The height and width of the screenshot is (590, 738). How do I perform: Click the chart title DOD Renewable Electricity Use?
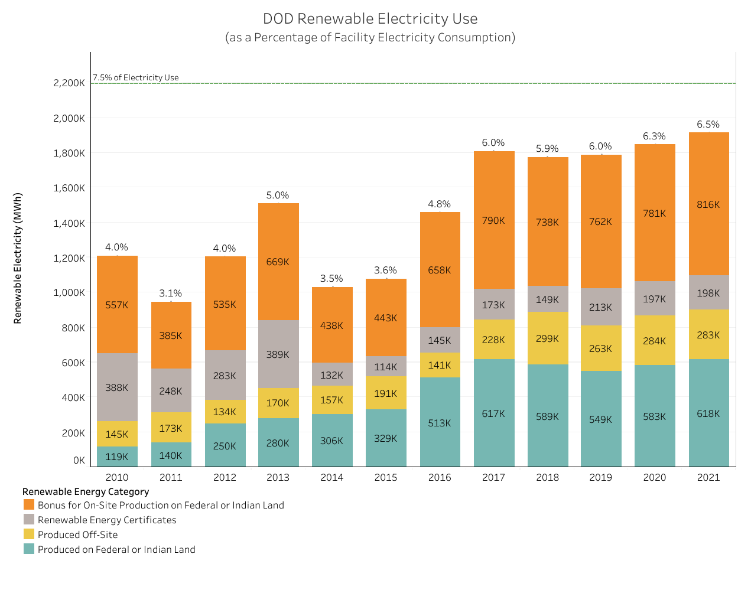pos(370,19)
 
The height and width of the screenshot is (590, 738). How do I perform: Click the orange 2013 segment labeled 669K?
pos(278,262)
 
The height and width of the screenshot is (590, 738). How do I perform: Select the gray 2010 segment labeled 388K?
pos(117,387)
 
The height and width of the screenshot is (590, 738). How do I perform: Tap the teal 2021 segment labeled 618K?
pos(708,413)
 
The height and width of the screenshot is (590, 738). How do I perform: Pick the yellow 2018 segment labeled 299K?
pos(548,338)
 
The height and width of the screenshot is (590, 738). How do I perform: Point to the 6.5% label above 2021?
pos(708,125)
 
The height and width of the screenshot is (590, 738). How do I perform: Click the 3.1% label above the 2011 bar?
pos(171,294)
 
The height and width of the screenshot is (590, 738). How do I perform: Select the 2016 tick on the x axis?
pos(440,477)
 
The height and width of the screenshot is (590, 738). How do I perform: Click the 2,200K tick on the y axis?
pos(70,83)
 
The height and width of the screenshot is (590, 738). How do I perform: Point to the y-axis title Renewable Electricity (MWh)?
pos(18,258)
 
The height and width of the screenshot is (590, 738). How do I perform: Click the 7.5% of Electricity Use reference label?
pos(136,77)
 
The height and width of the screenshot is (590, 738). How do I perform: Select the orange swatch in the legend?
pos(29,505)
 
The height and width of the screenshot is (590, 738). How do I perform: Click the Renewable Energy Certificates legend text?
pos(107,520)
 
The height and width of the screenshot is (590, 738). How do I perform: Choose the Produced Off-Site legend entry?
pos(77,534)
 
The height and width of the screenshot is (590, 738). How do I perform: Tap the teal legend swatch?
pos(29,549)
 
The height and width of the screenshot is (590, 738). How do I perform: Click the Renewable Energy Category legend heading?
pos(86,491)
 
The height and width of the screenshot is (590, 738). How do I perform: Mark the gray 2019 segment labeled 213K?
pos(601,307)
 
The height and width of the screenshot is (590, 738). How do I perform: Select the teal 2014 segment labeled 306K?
pos(332,441)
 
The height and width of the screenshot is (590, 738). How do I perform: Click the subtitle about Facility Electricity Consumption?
pos(370,38)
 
